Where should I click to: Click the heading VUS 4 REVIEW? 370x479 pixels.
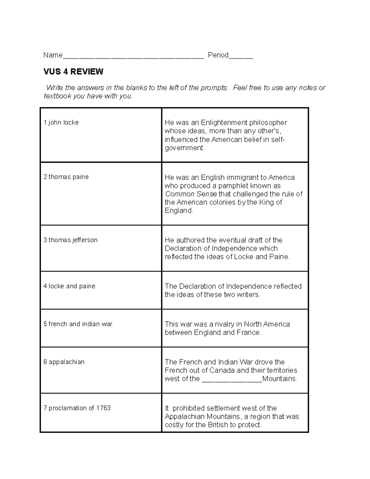tap(73, 72)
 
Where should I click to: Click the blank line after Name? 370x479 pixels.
tap(133, 56)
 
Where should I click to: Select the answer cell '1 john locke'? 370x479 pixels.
tap(61, 122)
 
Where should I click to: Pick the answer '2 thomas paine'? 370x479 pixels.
tap(66, 177)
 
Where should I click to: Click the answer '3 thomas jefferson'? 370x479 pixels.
tap(70, 240)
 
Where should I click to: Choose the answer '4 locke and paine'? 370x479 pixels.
tap(69, 286)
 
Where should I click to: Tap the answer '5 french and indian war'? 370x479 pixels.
tap(78, 324)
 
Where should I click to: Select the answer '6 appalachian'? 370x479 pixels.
tap(64, 362)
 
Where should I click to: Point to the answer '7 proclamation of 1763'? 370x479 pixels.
tap(77, 408)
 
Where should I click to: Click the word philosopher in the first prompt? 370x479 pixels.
tap(268, 123)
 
